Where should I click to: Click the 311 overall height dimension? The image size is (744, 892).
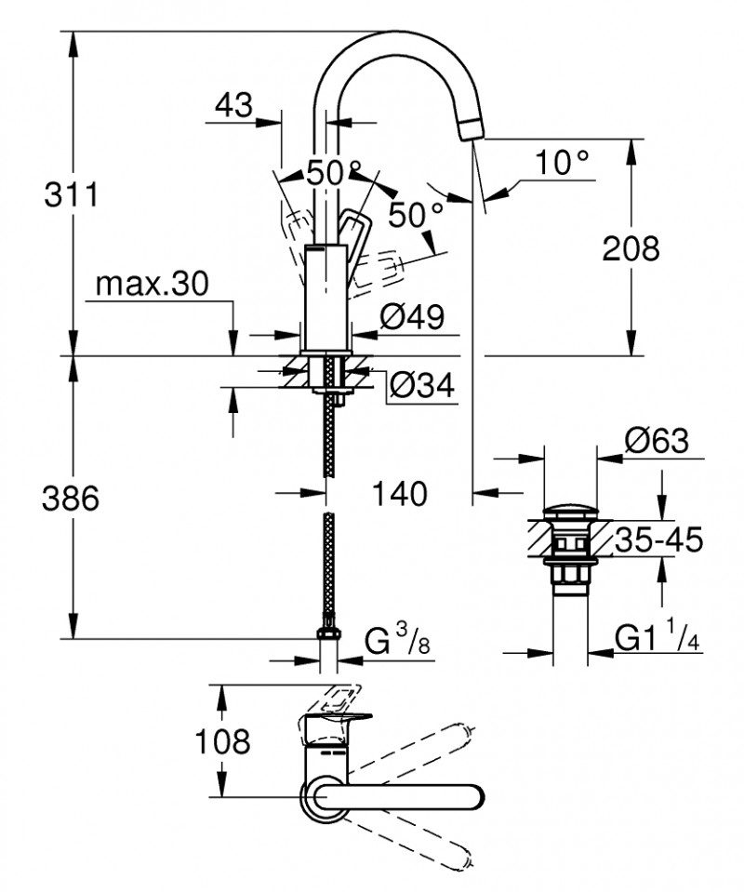pyautogui.click(x=71, y=196)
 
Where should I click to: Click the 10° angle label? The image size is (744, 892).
pyautogui.click(x=563, y=164)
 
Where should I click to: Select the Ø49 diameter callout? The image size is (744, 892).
pyautogui.click(x=408, y=318)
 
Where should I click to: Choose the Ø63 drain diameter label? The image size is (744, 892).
pyautogui.click(x=658, y=441)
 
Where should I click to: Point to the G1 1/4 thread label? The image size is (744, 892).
pyautogui.click(x=657, y=638)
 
